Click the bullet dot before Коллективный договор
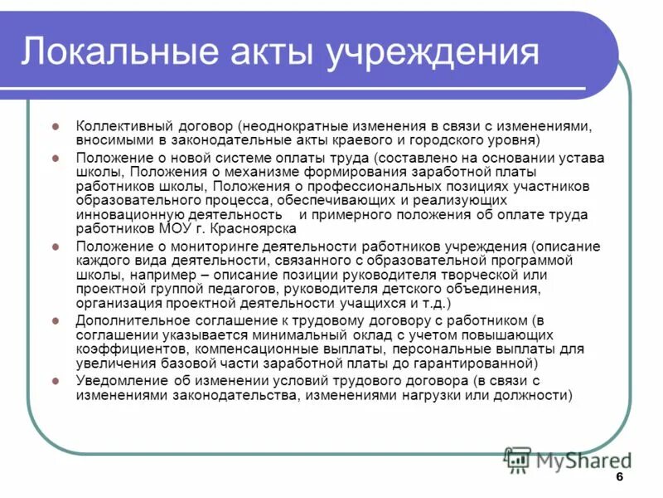pyautogui.click(x=56, y=127)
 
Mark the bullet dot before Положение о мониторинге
pyautogui.click(x=56, y=247)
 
